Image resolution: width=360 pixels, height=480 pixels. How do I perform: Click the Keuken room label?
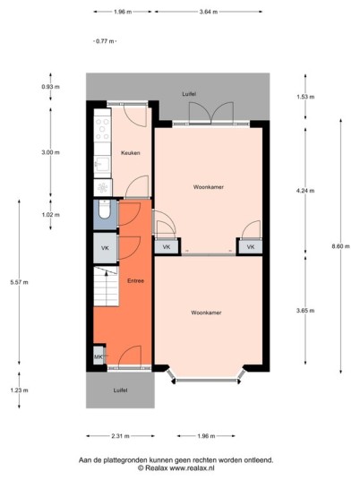point(131,153)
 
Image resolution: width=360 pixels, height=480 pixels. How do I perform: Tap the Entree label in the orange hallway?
point(135,280)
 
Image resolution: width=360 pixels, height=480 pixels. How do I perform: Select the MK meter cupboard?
point(99,356)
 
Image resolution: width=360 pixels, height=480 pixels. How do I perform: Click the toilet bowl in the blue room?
point(105,210)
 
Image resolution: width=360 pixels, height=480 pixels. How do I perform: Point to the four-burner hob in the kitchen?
point(102,129)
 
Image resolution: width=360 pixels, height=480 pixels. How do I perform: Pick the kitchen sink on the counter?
point(102,165)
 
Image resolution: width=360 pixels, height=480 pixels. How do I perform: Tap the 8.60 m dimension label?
point(340,246)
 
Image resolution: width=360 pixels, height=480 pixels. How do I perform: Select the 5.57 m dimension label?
point(19,282)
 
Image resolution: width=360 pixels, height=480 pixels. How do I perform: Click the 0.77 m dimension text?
point(105,41)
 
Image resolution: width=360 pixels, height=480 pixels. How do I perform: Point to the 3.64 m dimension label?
point(209,12)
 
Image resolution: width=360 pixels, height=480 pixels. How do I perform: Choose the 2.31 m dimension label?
point(120,436)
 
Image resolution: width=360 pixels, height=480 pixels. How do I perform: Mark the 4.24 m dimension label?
point(305,191)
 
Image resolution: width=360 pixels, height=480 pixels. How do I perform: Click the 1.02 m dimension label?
point(51,215)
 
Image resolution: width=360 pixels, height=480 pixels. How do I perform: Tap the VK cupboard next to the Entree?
point(105,248)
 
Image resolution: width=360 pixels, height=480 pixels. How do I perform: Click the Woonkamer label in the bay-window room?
point(206,313)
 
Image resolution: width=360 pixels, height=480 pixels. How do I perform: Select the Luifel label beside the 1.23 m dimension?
point(120,390)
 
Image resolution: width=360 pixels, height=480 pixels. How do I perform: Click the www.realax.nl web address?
point(192,468)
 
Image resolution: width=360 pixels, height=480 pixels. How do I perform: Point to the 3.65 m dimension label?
point(305,311)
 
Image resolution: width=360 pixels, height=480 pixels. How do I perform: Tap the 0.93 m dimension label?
point(51,87)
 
